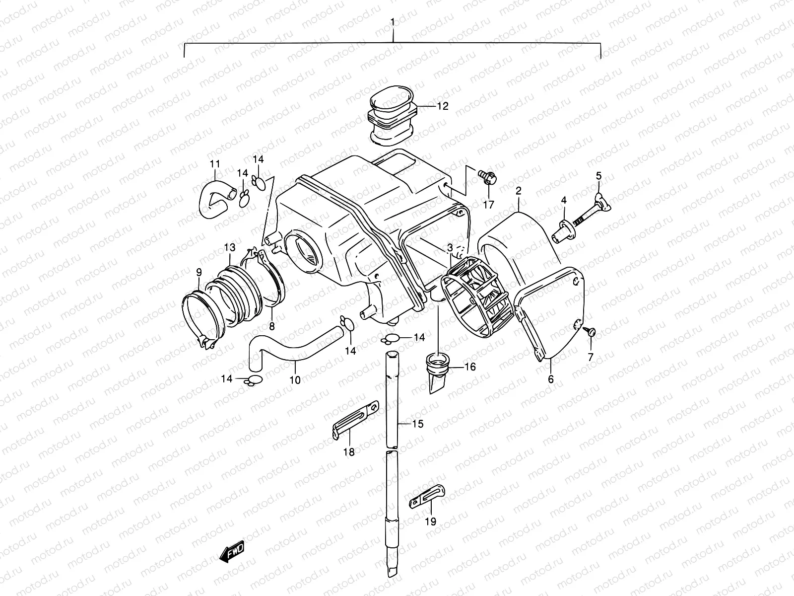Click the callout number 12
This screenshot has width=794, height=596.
pyautogui.click(x=442, y=106)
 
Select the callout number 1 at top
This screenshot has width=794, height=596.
pyautogui.click(x=393, y=22)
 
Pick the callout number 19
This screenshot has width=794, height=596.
pyautogui.click(x=431, y=521)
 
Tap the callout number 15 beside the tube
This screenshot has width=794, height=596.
pyautogui.click(x=418, y=424)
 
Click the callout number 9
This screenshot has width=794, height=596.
pyautogui.click(x=198, y=272)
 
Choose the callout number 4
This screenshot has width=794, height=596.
pyautogui.click(x=564, y=200)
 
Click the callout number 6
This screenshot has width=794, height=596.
pyautogui.click(x=551, y=379)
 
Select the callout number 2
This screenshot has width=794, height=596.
pyautogui.click(x=518, y=190)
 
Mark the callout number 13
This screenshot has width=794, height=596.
pyautogui.click(x=229, y=247)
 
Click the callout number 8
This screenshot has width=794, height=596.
pyautogui.click(x=272, y=326)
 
